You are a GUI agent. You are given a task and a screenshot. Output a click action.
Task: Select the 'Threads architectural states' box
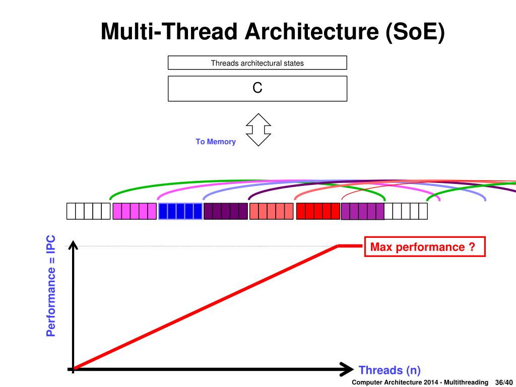click(x=257, y=63)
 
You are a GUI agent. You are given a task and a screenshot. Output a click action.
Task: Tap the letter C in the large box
click(x=257, y=88)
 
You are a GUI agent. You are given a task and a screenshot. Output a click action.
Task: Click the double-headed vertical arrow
click(x=258, y=129)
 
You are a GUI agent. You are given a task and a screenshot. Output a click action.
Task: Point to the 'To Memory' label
click(x=216, y=142)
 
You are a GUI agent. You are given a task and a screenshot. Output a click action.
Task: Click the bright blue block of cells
click(x=180, y=212)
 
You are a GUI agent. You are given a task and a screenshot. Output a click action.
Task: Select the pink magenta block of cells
click(x=135, y=212)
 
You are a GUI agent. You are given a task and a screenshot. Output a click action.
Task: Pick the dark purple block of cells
click(x=226, y=212)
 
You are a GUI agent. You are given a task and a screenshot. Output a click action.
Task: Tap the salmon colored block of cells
click(x=271, y=212)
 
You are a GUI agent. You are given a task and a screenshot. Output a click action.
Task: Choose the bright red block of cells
click(x=318, y=212)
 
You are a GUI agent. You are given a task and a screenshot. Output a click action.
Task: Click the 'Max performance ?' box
click(x=424, y=247)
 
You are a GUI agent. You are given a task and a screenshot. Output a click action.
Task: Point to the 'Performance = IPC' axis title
click(x=51, y=285)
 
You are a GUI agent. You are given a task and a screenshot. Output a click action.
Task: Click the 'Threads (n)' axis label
click(x=389, y=370)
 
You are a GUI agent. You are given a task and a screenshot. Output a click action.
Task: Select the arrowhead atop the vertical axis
click(x=73, y=245)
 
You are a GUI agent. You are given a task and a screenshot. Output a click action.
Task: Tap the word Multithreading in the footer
click(x=466, y=382)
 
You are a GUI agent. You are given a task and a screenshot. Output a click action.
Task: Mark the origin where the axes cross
click(x=73, y=369)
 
